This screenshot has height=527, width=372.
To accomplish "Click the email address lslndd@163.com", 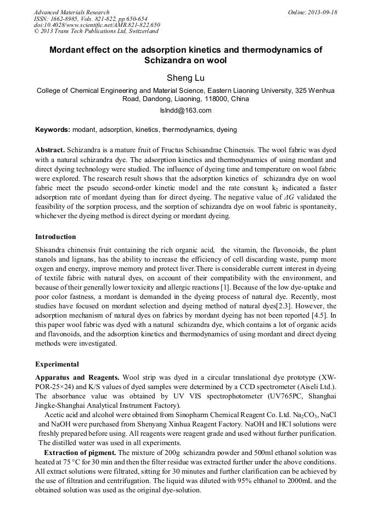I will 185,110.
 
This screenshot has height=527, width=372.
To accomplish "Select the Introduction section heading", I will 55,237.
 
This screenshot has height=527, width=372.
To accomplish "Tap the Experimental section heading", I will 57,364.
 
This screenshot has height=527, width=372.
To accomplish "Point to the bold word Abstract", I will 49,150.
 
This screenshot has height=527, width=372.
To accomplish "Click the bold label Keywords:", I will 53,130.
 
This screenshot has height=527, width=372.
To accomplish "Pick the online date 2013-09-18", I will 322,12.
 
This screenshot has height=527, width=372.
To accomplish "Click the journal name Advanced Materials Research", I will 71,12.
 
